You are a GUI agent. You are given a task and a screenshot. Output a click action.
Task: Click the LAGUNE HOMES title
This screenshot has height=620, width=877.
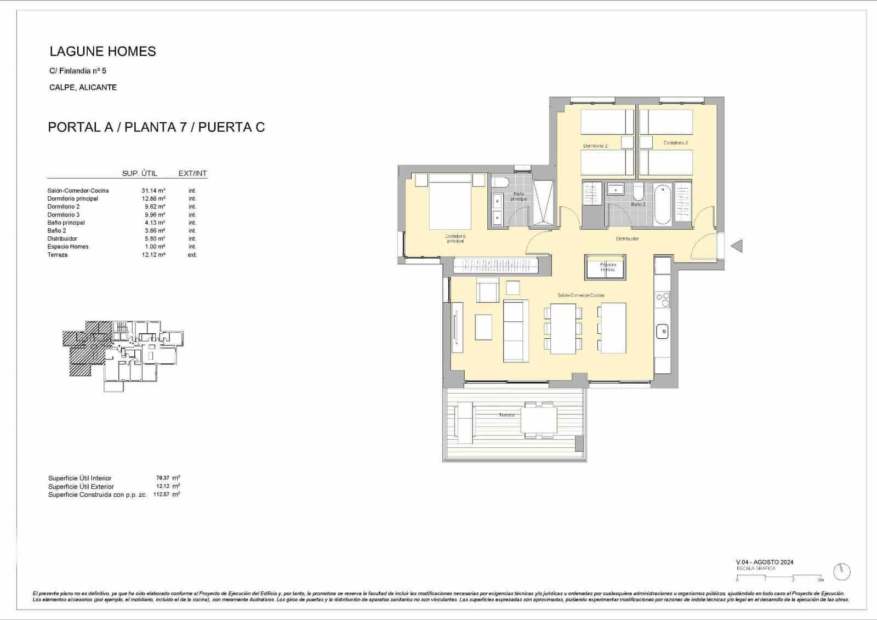coord(102,52)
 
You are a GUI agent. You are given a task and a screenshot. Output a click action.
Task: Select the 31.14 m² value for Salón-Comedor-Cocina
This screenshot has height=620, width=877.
coord(153,191)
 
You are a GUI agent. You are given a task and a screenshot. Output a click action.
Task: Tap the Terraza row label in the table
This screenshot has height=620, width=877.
coord(58,255)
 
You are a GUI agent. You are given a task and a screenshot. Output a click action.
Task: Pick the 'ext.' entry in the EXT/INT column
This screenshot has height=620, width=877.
coord(192,255)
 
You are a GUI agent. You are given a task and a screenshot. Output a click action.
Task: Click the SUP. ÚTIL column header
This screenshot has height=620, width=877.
coord(139,173)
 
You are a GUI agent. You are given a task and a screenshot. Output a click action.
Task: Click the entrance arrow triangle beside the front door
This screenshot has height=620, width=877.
coord(737,246)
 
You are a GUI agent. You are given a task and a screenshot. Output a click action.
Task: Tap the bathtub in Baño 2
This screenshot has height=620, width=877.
coord(662,205)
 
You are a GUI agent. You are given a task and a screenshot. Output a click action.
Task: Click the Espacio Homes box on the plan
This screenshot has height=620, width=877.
coord(607,268)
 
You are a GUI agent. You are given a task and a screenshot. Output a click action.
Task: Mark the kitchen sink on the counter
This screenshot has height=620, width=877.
coord(662,331)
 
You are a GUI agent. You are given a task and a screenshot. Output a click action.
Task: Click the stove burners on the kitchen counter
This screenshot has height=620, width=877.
coord(662,300)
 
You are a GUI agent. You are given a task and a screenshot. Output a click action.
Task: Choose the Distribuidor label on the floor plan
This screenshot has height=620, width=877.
coord(627,239)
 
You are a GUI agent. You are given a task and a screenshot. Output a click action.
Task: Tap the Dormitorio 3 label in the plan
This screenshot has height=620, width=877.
coord(675,143)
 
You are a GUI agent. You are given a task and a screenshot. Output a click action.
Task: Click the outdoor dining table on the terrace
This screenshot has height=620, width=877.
coord(539,420)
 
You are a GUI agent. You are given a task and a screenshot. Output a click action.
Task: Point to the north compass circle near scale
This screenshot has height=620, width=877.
coord(841,572)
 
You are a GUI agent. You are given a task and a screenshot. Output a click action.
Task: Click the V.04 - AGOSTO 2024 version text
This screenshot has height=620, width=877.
coord(764,562)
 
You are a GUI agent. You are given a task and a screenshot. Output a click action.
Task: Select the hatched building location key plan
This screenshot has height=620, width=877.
coord(123,355)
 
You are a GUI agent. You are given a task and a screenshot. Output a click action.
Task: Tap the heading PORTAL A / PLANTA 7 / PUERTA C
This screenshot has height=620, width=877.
coord(156,127)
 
